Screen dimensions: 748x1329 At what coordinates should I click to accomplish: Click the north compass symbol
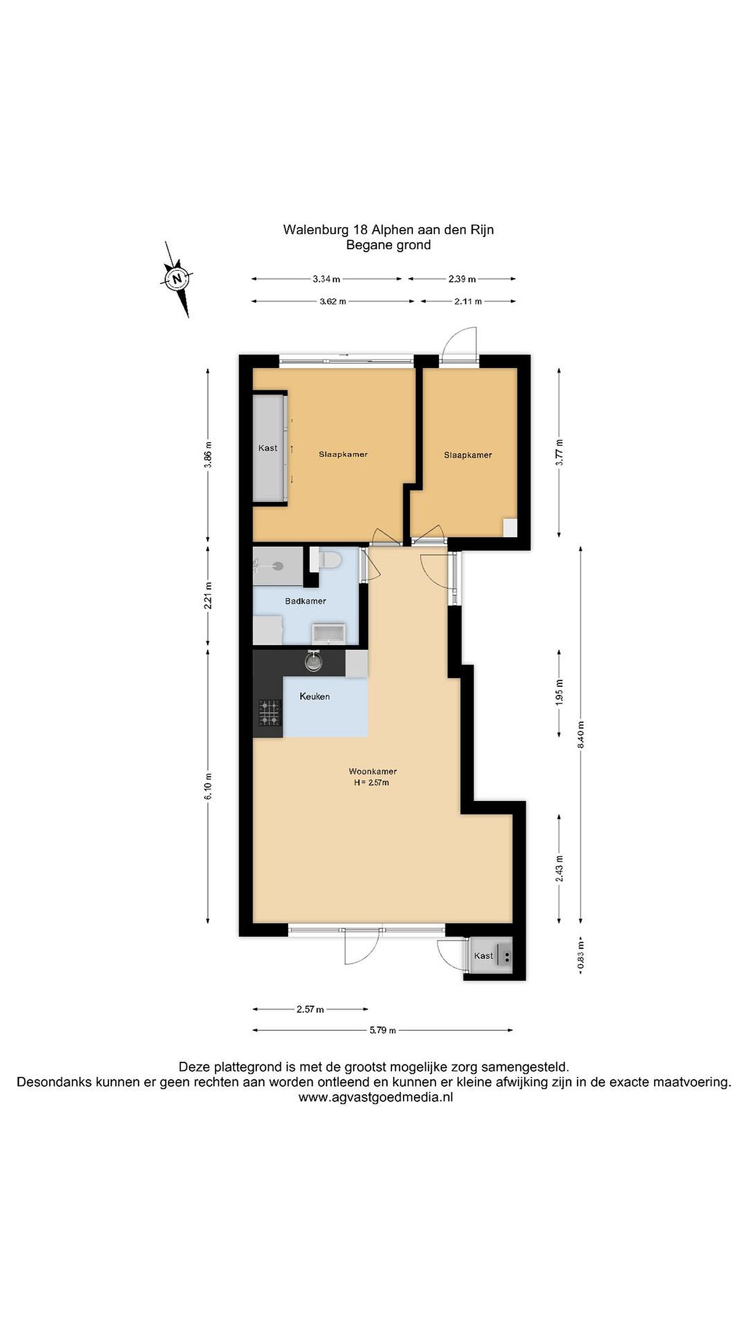(177, 279)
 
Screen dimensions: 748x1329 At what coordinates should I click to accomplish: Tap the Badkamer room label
(305, 601)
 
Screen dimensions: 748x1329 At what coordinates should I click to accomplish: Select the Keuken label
(314, 696)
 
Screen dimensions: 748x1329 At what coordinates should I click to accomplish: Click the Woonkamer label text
(373, 771)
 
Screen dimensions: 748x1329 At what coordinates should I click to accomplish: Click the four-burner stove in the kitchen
(270, 712)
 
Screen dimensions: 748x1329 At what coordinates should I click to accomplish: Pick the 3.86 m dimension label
(208, 455)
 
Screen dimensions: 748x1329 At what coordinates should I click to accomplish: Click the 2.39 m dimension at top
(462, 279)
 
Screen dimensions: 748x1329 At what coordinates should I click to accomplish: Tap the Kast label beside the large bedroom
(267, 448)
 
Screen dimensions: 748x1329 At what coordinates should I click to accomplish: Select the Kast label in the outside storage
(483, 956)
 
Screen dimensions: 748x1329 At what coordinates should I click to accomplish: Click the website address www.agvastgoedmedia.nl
(375, 1097)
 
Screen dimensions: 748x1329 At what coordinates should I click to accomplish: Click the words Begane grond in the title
(388, 245)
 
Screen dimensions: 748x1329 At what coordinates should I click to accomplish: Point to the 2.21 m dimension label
(208, 595)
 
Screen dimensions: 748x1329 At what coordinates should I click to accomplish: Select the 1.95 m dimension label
(560, 692)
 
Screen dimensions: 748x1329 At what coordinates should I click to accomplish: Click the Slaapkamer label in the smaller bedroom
(468, 455)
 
